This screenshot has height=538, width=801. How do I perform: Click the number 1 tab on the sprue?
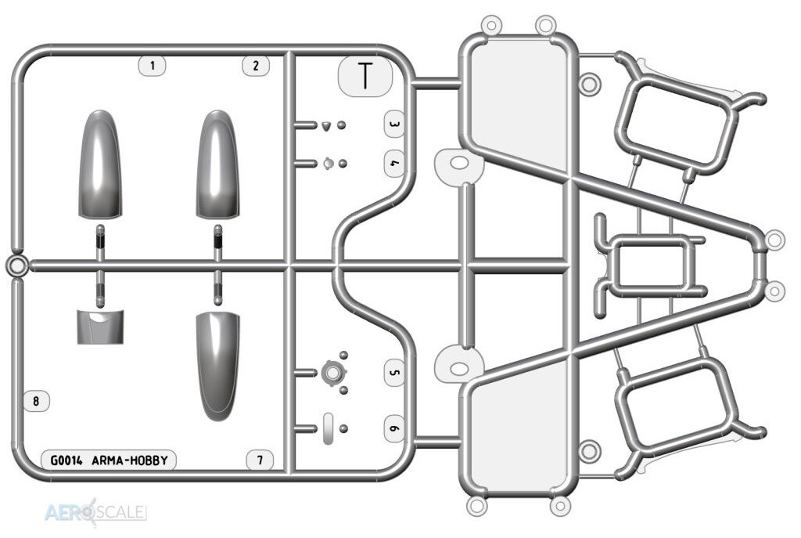[153, 66]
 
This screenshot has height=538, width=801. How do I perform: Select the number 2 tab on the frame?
[256, 66]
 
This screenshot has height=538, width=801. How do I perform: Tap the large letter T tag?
[365, 76]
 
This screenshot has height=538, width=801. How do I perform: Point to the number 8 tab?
[36, 401]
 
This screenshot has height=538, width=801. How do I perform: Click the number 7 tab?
[260, 460]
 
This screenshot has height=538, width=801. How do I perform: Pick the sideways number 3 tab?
[394, 125]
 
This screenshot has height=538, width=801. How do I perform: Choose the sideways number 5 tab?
[394, 372]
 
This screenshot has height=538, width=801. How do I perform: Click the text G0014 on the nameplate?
[66, 460]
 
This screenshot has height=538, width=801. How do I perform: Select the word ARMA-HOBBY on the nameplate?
[130, 460]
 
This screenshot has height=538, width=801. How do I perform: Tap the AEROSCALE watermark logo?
[95, 512]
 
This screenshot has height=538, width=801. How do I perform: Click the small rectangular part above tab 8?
[100, 327]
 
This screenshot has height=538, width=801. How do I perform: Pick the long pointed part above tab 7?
[217, 366]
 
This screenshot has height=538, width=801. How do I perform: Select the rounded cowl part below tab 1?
[100, 164]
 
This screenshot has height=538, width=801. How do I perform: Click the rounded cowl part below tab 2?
[217, 164]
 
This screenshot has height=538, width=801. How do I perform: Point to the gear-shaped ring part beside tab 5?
[332, 373]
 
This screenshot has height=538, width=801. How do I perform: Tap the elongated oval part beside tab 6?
[329, 428]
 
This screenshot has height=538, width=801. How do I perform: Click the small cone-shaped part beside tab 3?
[326, 125]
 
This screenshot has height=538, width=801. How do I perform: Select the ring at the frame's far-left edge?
[17, 266]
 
